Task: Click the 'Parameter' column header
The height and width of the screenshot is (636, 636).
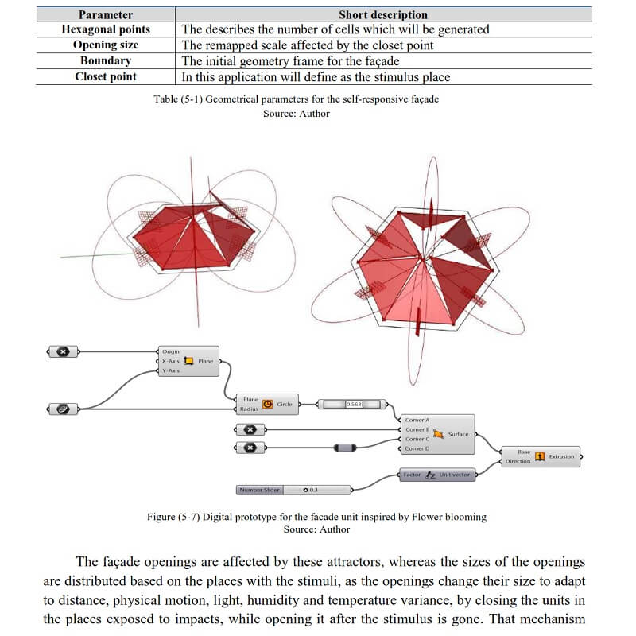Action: pyautogui.click(x=105, y=14)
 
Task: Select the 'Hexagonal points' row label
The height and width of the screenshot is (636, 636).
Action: pyautogui.click(x=105, y=29)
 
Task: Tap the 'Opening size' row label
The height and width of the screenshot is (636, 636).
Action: pyautogui.click(x=105, y=45)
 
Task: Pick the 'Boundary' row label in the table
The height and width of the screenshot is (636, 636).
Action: pyautogui.click(x=105, y=61)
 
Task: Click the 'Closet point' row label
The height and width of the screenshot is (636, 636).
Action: pyautogui.click(x=105, y=77)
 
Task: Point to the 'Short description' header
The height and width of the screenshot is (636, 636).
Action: pyautogui.click(x=382, y=14)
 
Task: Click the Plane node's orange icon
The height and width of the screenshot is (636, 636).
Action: pyautogui.click(x=188, y=361)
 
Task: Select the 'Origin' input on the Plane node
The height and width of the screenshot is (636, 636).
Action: pyautogui.click(x=171, y=351)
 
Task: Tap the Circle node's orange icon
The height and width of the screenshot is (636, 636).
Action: pyautogui.click(x=267, y=404)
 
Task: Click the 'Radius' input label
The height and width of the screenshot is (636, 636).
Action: pyautogui.click(x=250, y=409)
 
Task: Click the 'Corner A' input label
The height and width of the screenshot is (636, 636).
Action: pyautogui.click(x=417, y=420)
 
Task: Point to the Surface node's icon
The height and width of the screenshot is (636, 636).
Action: pyautogui.click(x=438, y=434)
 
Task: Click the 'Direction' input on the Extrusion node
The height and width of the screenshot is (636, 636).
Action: pyautogui.click(x=518, y=461)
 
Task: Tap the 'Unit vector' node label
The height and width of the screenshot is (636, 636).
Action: pyautogui.click(x=456, y=475)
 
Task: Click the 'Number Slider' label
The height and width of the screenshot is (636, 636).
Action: pyautogui.click(x=258, y=490)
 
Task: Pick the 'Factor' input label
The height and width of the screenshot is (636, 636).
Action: pyautogui.click(x=412, y=475)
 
